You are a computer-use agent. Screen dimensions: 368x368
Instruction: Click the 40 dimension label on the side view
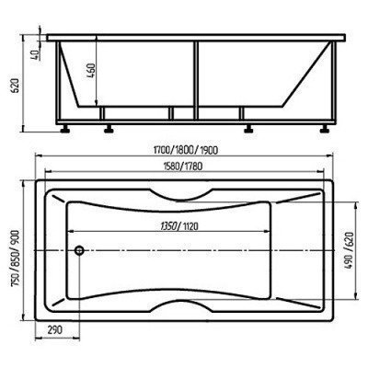pyautogui.click(x=34, y=55)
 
